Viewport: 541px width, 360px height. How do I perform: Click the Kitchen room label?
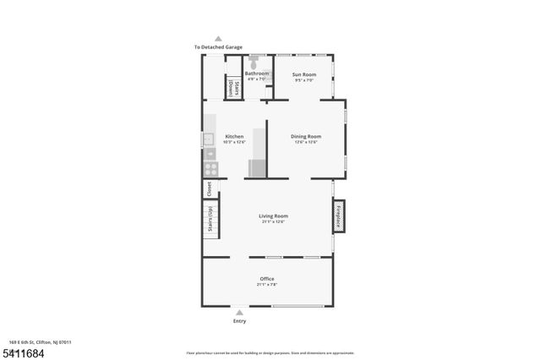[234, 136]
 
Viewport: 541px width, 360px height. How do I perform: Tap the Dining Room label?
[306, 136]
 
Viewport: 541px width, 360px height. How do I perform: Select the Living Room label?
[273, 215]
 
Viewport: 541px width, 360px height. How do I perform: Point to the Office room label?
[267, 279]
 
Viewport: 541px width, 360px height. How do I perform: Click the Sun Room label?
[303, 74]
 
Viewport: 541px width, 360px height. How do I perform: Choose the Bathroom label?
[256, 74]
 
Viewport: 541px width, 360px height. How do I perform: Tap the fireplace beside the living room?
[339, 215]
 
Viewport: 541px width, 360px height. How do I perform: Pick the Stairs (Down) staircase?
[229, 87]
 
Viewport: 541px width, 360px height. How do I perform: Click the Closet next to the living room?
[210, 188]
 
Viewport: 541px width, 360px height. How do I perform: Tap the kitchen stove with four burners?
[210, 169]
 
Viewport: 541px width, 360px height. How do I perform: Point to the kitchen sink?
[208, 139]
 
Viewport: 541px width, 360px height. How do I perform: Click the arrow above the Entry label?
[239, 313]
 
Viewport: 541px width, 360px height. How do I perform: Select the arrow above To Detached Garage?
[218, 39]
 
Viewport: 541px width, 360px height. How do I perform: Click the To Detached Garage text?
[218, 47]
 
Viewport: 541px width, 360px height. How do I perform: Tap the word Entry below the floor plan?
[239, 321]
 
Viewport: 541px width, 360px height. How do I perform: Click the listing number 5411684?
[19, 352]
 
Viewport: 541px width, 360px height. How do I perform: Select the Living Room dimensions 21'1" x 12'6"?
[273, 221]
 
